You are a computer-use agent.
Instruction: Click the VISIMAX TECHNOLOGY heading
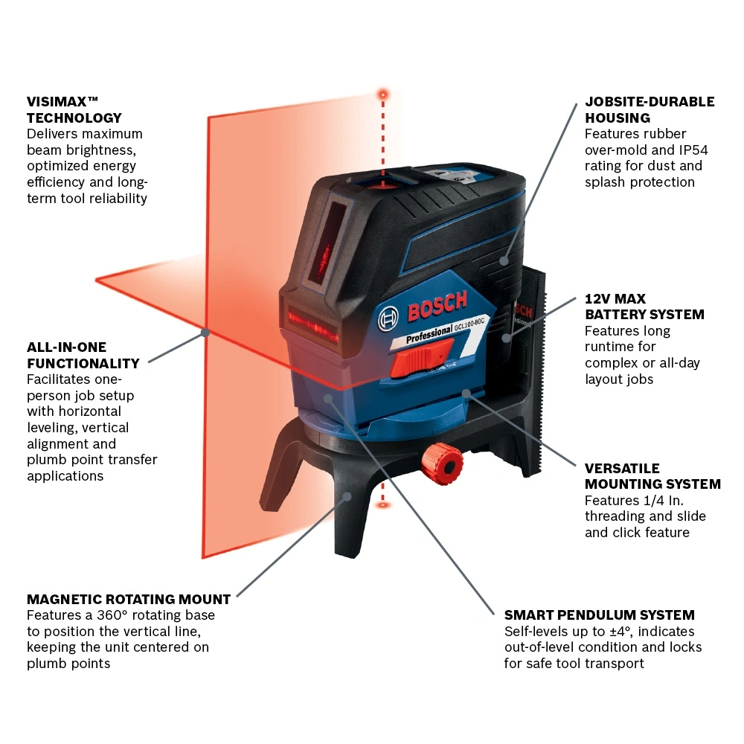[x=74, y=109]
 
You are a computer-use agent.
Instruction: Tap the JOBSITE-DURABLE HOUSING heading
[x=649, y=109]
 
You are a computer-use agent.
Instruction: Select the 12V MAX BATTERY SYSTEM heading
[x=644, y=307]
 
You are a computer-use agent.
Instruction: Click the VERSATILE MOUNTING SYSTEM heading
[x=652, y=476]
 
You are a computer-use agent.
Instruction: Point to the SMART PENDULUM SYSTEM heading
[x=599, y=615]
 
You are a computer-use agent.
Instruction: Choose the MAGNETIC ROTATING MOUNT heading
[x=129, y=599]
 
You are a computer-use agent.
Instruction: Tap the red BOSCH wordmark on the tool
[x=437, y=306]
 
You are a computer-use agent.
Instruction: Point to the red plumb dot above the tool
[x=383, y=94]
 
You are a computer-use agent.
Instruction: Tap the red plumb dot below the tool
[x=383, y=506]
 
